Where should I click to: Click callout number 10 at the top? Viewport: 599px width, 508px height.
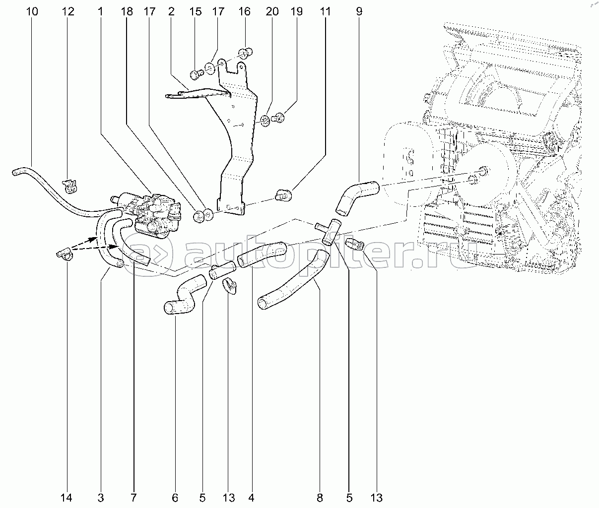pyautogui.click(x=32, y=11)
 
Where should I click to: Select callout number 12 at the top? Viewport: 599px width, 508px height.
pyautogui.click(x=68, y=11)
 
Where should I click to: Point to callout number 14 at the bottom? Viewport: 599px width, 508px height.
pyautogui.click(x=67, y=497)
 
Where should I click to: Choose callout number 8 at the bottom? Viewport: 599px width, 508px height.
pyautogui.click(x=320, y=497)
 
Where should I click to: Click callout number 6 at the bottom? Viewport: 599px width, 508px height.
pyautogui.click(x=175, y=497)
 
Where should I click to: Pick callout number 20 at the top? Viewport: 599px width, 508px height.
pyautogui.click(x=272, y=11)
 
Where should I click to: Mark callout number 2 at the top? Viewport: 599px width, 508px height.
pyautogui.click(x=171, y=11)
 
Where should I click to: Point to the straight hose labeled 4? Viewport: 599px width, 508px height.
pyautogui.click(x=262, y=254)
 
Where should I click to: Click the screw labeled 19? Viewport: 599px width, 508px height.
pyautogui.click(x=280, y=118)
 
